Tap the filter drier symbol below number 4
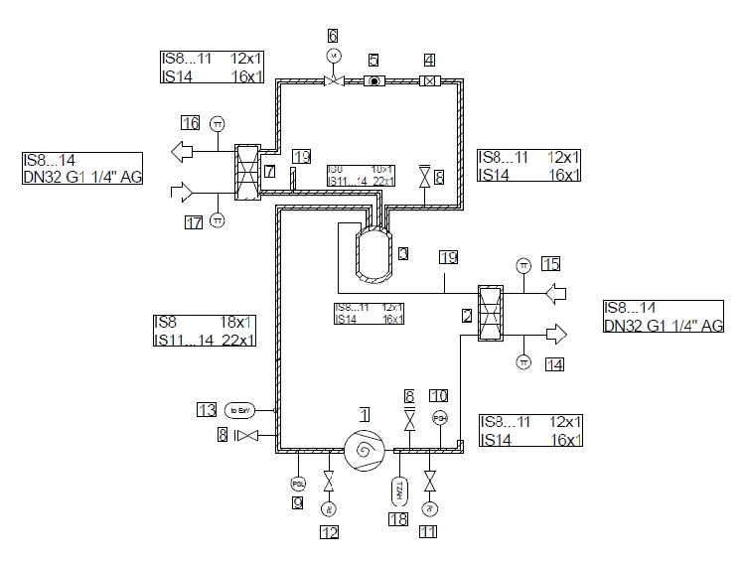[429, 82]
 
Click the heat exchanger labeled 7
[247, 171]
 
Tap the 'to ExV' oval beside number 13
[241, 408]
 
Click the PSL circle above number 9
[297, 484]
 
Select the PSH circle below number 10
[438, 418]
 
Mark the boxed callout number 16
[190, 123]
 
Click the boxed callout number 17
[194, 222]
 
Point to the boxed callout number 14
[554, 365]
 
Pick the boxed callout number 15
[550, 263]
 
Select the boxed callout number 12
[329, 532]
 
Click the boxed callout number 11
[429, 532]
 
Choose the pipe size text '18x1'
[237, 323]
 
